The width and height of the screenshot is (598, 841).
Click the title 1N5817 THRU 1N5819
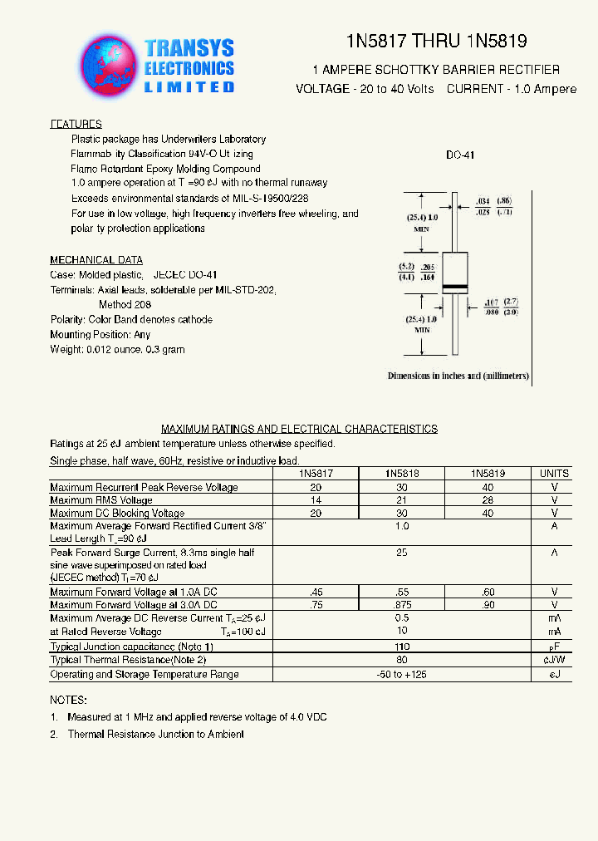coord(436,42)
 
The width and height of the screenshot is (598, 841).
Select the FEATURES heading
coord(76,124)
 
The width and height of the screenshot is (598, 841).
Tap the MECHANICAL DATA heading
coord(96,260)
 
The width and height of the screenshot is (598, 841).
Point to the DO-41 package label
coord(459,155)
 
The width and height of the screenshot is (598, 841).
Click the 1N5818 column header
coord(401,474)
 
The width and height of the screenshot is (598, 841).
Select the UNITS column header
coord(554,474)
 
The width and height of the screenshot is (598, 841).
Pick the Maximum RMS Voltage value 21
coord(401,500)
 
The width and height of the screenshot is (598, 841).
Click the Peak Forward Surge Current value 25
coord(401,553)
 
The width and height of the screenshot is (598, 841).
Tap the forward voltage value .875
coord(401,605)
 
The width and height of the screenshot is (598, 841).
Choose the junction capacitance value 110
coord(401,647)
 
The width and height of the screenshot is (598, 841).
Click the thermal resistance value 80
coord(401,660)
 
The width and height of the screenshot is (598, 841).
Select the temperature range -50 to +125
coord(401,674)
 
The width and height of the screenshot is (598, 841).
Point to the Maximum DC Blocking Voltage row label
coord(117,514)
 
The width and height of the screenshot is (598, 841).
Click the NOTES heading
coord(67,701)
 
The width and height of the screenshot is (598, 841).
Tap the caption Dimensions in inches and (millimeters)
coord(458,376)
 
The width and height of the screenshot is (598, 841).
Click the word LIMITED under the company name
coord(189,86)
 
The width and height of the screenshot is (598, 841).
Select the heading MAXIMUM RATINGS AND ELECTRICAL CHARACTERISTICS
coord(299,430)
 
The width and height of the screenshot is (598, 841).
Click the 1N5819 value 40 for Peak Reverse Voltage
coord(488,487)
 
